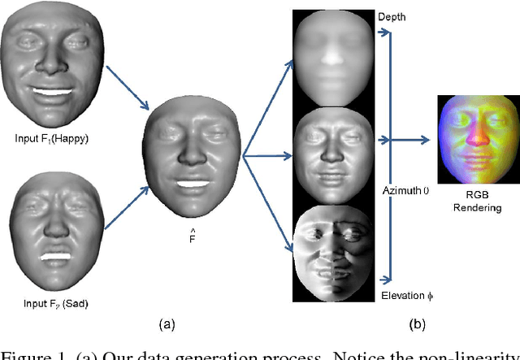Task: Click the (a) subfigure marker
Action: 168,324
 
